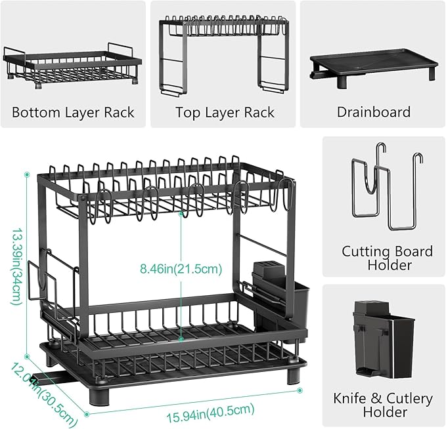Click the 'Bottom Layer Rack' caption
73,112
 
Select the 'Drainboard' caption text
374,112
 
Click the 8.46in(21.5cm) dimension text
181,268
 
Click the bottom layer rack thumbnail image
72,66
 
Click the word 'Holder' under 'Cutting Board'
387,266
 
